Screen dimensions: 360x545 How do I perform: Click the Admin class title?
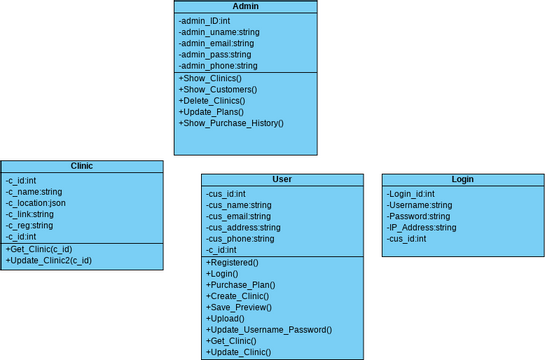tap(245, 7)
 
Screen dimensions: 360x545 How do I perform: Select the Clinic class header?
tap(82, 166)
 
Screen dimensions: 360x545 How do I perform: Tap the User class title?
tap(282, 180)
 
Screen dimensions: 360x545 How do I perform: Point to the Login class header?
tap(462, 180)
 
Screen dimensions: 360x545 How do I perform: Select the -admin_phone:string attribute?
tap(218, 66)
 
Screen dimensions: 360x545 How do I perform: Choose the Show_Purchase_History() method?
tap(231, 123)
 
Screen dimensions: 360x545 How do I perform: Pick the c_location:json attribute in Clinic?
tap(36, 203)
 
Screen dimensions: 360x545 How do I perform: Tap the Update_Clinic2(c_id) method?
tap(49, 260)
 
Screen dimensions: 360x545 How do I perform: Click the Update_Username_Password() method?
tap(269, 330)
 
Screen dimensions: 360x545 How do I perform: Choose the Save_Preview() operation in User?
tap(240, 308)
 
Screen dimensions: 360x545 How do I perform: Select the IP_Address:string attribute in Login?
tap(421, 227)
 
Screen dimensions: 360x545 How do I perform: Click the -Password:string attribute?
tap(418, 216)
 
